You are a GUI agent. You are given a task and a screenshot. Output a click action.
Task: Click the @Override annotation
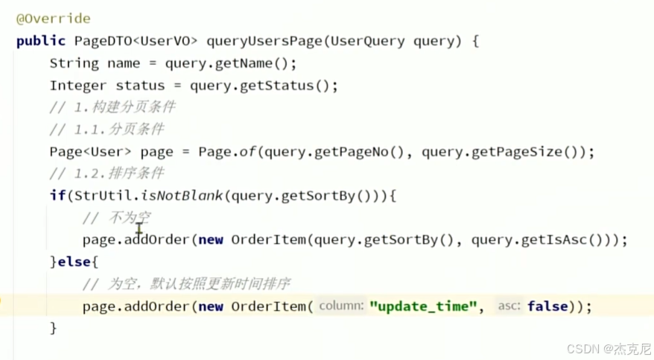54,18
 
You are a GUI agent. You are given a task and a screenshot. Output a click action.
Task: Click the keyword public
42,41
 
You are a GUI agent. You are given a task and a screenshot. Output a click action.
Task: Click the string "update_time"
422,306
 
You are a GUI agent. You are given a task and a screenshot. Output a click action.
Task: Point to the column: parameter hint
341,306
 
